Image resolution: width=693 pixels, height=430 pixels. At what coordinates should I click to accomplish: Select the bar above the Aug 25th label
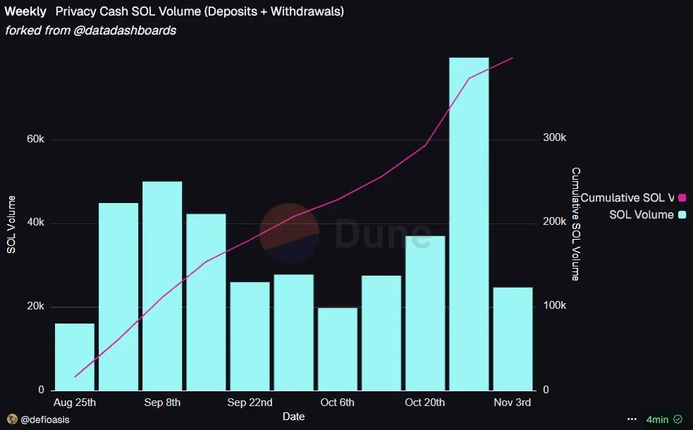click(75, 357)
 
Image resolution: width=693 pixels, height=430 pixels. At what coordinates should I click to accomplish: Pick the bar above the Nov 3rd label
click(513, 338)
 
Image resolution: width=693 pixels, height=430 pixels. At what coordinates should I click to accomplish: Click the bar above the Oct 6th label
click(338, 349)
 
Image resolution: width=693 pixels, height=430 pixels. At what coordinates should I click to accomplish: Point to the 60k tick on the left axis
click(35, 140)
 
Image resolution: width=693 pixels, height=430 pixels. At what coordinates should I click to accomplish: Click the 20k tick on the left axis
click(35, 307)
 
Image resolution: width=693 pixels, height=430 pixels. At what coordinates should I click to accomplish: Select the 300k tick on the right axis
click(554, 137)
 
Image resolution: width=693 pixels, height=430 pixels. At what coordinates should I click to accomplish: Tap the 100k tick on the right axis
click(554, 306)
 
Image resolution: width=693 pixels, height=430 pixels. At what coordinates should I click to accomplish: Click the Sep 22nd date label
click(250, 403)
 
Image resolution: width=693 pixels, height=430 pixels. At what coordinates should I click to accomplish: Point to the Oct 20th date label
click(425, 403)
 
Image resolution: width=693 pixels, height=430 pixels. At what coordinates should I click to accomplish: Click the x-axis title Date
click(293, 417)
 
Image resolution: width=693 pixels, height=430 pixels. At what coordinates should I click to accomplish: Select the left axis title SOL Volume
click(11, 224)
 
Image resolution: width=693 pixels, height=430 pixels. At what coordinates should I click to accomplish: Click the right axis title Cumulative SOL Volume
click(576, 224)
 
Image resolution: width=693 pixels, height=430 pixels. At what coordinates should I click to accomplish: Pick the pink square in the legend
click(682, 198)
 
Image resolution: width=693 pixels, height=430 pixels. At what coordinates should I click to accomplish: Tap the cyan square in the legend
click(682, 214)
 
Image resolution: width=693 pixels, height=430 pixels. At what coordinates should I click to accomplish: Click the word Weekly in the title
click(25, 12)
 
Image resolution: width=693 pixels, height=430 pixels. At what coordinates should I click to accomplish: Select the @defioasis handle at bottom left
click(45, 419)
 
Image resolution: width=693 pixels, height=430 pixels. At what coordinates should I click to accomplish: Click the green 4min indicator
click(657, 419)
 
